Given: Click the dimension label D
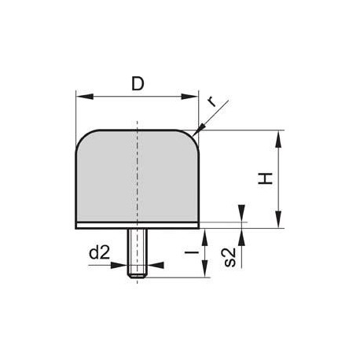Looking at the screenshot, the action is point(138,84).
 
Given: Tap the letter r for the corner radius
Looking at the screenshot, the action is point(212,101).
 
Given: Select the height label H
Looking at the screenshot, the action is point(266,178).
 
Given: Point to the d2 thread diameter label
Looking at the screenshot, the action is point(99,253).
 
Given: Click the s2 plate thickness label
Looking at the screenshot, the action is point(230,257).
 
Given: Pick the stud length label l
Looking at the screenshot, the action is point(192,252).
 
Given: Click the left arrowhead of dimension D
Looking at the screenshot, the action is point(85,97).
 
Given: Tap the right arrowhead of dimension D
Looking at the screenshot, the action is point(189,97).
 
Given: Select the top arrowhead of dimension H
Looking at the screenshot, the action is point(278,139).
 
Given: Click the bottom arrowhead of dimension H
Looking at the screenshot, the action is point(278,219).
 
